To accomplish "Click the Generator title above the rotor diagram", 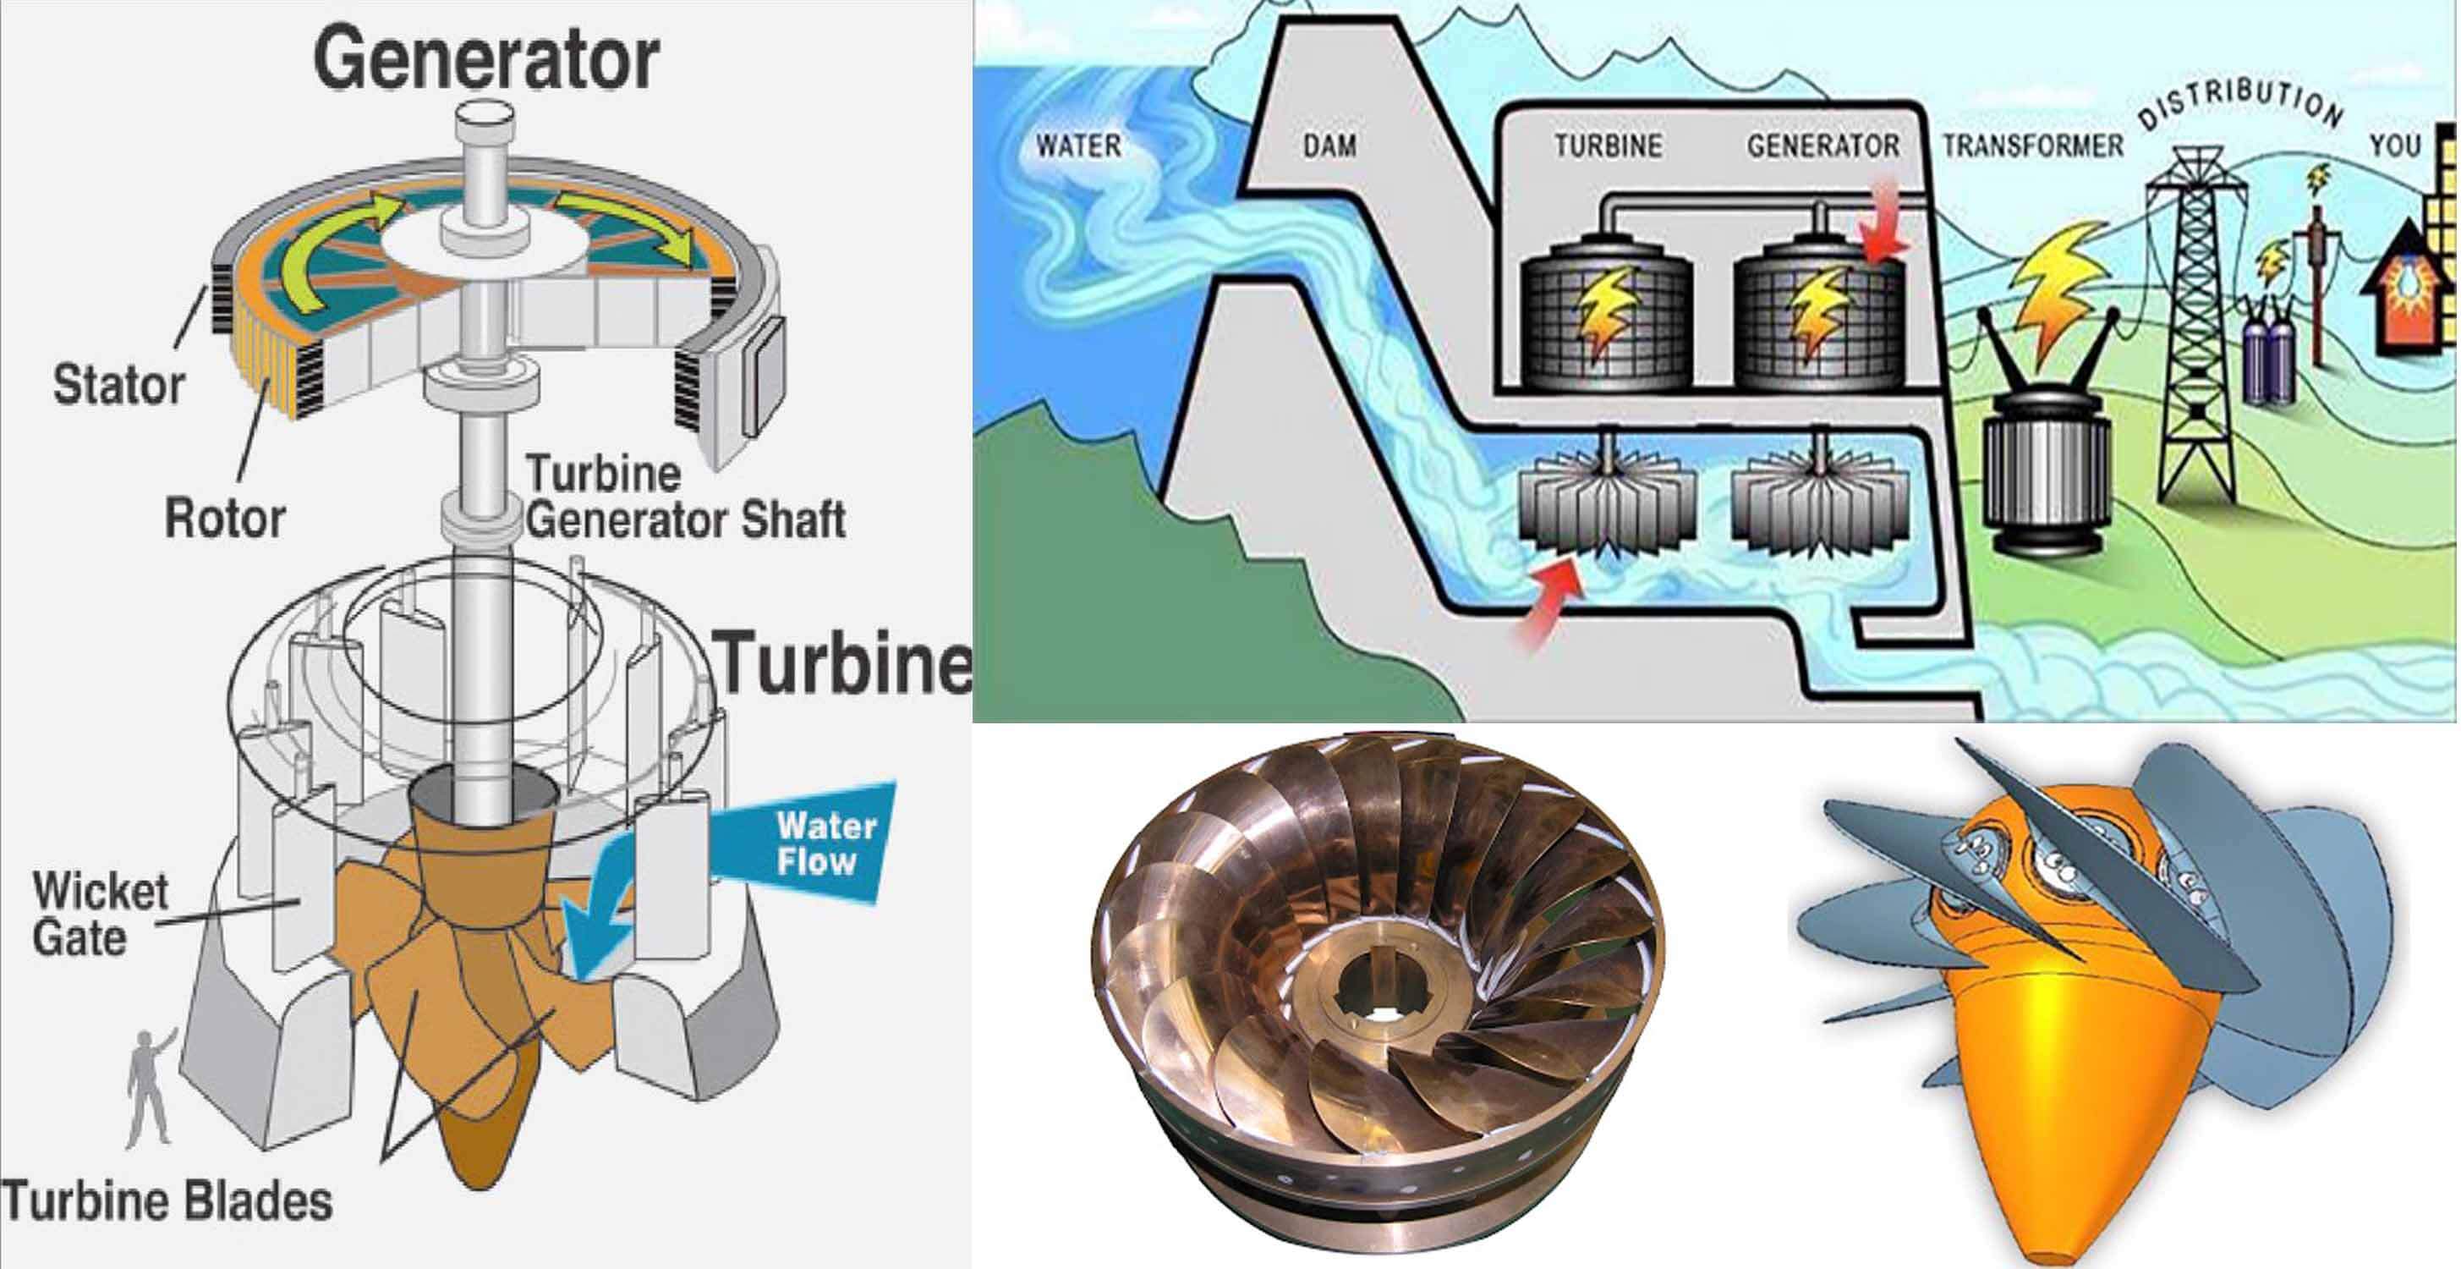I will pyautogui.click(x=485, y=59).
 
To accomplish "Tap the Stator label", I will pyautogui.click(x=118, y=385).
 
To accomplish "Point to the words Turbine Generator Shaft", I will pyautogui.click(x=685, y=497).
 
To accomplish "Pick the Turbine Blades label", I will pyautogui.click(x=167, y=1201).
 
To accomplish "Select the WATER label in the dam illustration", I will pyautogui.click(x=1078, y=146).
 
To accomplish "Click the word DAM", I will pyautogui.click(x=1329, y=146).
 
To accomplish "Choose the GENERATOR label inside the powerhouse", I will pyautogui.click(x=1822, y=146).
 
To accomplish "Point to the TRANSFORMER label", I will pyautogui.click(x=2033, y=146).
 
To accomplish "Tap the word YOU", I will pyautogui.click(x=2395, y=146).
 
